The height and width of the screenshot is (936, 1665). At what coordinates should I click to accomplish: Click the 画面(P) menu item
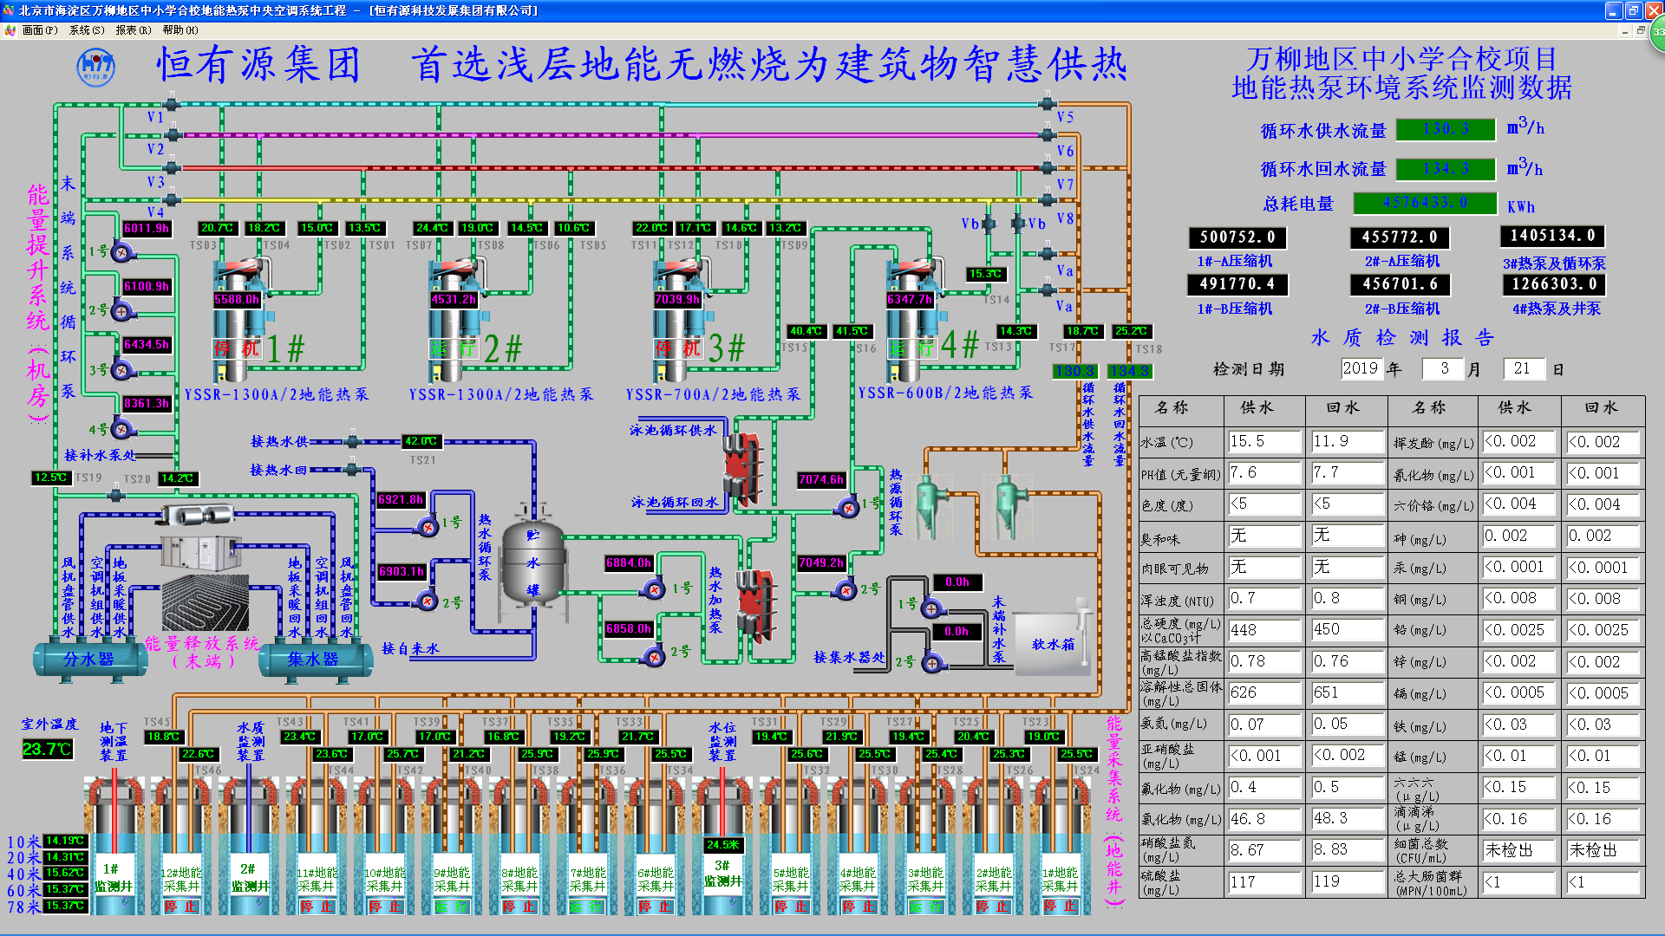click(x=39, y=30)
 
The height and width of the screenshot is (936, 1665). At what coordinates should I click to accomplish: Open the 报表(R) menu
click(x=133, y=30)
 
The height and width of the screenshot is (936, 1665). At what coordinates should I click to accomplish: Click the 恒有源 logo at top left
click(x=95, y=67)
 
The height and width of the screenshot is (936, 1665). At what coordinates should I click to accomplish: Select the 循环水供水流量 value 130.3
click(x=1446, y=129)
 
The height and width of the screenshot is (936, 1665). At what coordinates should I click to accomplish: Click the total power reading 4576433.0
click(x=1425, y=203)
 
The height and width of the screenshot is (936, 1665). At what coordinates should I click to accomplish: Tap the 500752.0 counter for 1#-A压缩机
click(x=1237, y=237)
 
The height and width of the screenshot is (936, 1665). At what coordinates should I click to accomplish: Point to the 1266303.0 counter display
click(x=1552, y=284)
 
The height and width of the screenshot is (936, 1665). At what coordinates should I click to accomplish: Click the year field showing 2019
click(x=1360, y=368)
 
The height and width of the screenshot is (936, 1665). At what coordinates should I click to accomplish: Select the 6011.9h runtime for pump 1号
click(x=147, y=228)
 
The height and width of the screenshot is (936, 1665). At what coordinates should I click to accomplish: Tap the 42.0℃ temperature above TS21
click(x=421, y=441)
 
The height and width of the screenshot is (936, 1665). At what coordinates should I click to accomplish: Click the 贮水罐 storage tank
click(x=532, y=561)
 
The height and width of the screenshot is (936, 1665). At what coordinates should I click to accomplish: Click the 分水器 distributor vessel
click(x=88, y=660)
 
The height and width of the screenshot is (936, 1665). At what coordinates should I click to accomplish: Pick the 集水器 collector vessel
click(x=312, y=660)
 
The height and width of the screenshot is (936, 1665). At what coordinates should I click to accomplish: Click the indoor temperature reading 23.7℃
click(x=47, y=749)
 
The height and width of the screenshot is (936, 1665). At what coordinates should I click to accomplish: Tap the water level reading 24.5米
click(x=722, y=844)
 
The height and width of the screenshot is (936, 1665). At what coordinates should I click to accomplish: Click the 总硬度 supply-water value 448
click(x=1264, y=630)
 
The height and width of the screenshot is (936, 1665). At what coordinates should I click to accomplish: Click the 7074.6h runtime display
click(x=820, y=479)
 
